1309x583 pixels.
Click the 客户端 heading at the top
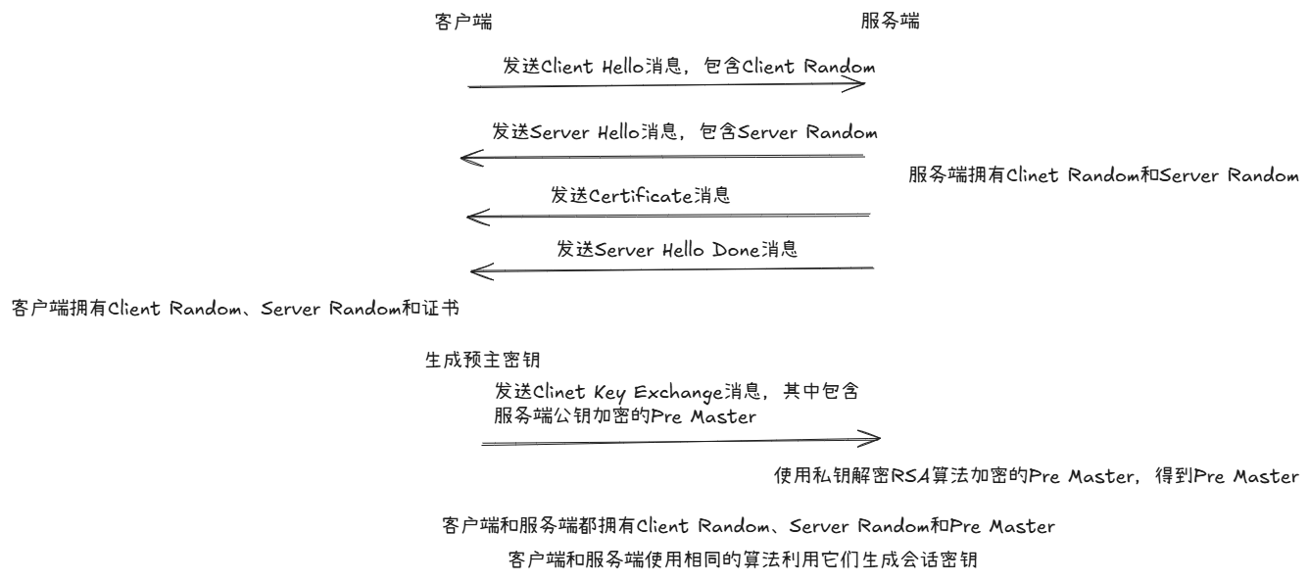pos(456,21)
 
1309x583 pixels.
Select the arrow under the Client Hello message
pos(666,86)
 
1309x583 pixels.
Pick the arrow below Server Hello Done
pos(671,268)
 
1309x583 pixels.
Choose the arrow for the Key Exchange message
pos(680,442)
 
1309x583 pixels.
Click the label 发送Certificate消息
pos(641,195)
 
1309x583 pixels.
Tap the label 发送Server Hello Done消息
pos(677,249)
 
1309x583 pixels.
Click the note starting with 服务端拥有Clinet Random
pos(1103,176)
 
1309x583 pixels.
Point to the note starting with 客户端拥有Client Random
pos(234,309)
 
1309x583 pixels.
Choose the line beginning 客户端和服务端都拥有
pos(750,527)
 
